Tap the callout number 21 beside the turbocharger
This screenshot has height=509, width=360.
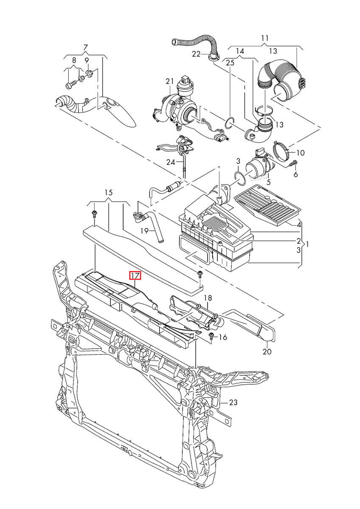[170, 81]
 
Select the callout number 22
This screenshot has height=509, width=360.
[196, 54]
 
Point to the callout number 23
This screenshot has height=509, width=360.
[233, 403]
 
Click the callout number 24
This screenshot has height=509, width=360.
[170, 162]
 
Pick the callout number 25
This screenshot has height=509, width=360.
[230, 63]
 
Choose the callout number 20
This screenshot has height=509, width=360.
[267, 351]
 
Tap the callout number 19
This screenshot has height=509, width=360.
[144, 231]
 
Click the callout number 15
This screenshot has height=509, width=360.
[108, 192]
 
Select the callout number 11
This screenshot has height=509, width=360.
[265, 38]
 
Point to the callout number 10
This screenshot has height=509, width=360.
[300, 153]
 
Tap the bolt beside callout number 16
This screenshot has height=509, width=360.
[211, 337]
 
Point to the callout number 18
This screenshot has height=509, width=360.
[208, 298]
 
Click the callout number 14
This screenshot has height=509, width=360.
[240, 51]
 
